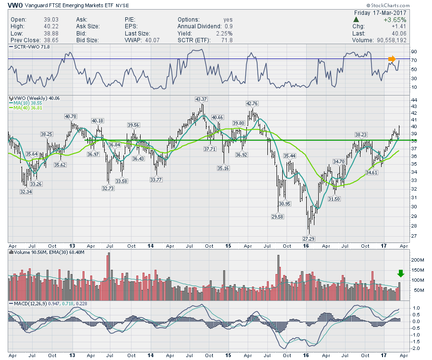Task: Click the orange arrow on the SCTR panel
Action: (392, 59)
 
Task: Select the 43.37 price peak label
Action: (201, 99)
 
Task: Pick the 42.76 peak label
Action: (252, 103)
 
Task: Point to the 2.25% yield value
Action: (224, 34)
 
